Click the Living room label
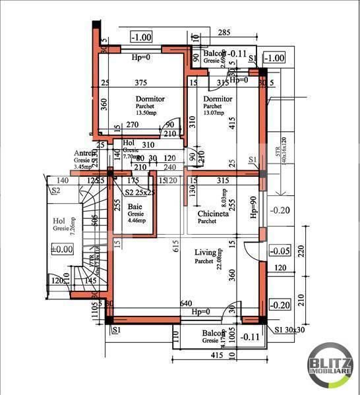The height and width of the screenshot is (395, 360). click(x=204, y=252)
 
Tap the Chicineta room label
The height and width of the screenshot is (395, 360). click(x=213, y=214)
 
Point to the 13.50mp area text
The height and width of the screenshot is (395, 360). click(x=147, y=113)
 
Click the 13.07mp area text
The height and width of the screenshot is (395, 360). click(x=214, y=113)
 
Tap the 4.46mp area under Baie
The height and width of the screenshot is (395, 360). click(x=136, y=222)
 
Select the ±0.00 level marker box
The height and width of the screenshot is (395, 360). click(x=61, y=249)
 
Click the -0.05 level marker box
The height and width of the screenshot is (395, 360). click(x=280, y=251)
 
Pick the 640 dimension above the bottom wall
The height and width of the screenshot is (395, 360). click(x=187, y=304)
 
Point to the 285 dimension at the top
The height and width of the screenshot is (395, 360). click(x=224, y=32)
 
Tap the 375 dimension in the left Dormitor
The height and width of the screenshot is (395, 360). click(x=140, y=82)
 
